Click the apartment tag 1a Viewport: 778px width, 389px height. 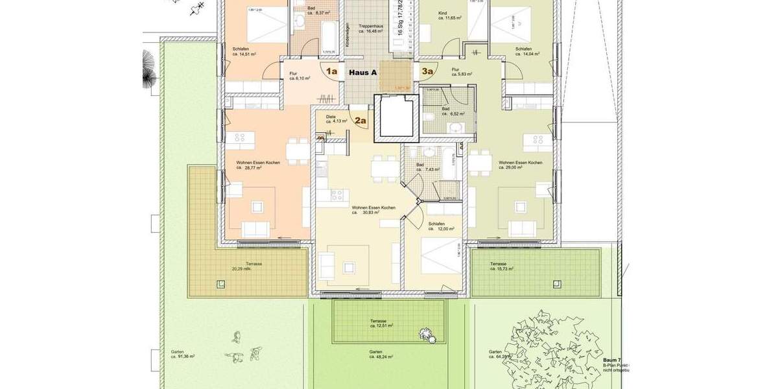tap(331, 72)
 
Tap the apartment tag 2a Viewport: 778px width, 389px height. tap(360, 120)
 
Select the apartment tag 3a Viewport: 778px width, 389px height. tap(427, 72)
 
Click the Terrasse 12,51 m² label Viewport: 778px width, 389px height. tap(381, 324)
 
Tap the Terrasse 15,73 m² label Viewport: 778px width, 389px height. tap(501, 266)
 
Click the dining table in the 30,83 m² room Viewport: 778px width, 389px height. tap(383, 167)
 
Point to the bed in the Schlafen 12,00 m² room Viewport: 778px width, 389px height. tap(438, 256)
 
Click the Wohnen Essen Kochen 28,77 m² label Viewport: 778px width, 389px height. tap(258, 165)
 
